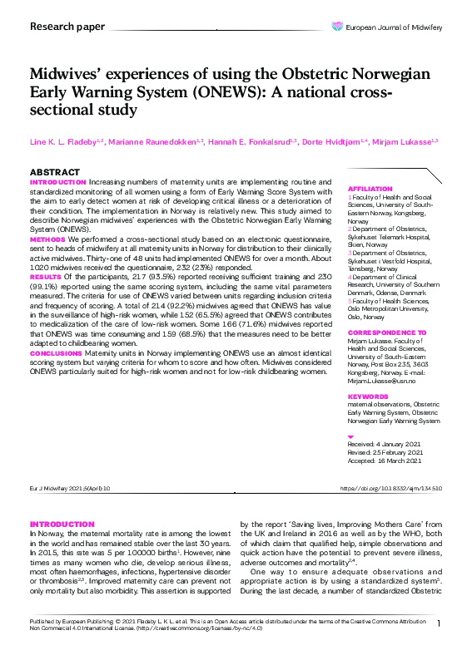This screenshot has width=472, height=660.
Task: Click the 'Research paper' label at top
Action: pyautogui.click(x=67, y=27)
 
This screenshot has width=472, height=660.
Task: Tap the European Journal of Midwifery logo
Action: pyautogui.click(x=395, y=27)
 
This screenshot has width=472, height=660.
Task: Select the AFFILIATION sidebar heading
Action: pyautogui.click(x=368, y=190)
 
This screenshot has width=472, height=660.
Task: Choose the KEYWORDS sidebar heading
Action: pyautogui.click(x=366, y=397)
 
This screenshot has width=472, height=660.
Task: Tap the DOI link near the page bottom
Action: pyautogui.click(x=391, y=488)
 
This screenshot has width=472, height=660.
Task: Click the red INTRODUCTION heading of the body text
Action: pyautogui.click(x=62, y=524)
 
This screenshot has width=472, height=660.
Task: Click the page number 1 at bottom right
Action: pyautogui.click(x=439, y=623)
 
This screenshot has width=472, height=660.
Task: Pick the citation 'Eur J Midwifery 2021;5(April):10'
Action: pyautogui.click(x=69, y=488)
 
